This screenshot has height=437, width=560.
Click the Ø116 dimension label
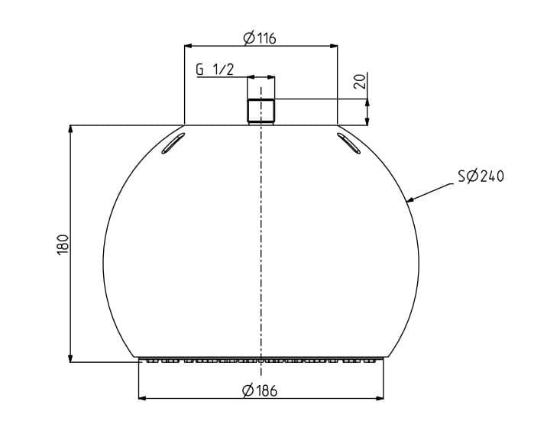coord(260,38)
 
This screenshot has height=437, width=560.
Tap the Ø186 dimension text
coord(260,390)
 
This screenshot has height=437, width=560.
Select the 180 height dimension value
coord(63,244)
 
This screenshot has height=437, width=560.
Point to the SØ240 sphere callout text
coord(481,176)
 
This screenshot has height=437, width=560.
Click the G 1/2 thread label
coord(215,70)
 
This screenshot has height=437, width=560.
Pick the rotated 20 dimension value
coord(360,81)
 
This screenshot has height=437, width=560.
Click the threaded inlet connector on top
coord(261,112)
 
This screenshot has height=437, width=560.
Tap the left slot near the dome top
coord(173,143)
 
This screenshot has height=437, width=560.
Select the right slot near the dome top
coord(348,143)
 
